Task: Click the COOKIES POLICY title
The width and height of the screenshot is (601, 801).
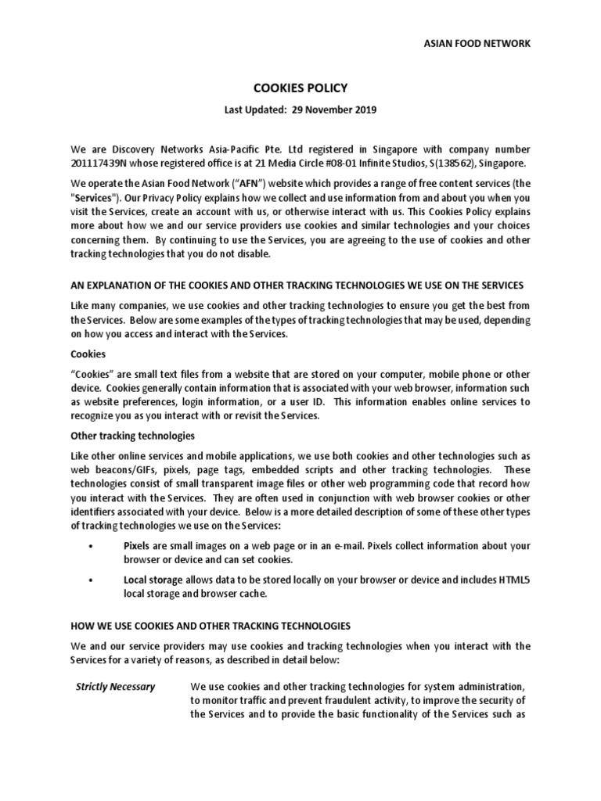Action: pyautogui.click(x=300, y=89)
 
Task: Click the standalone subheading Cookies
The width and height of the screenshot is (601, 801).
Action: pyautogui.click(x=88, y=354)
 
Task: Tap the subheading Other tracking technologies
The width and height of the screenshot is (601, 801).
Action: pyautogui.click(x=132, y=435)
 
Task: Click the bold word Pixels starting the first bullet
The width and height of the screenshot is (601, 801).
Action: pyautogui.click(x=139, y=545)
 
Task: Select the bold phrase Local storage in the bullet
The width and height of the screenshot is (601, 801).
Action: pyautogui.click(x=153, y=580)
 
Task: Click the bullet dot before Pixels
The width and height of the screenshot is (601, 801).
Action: pyautogui.click(x=92, y=545)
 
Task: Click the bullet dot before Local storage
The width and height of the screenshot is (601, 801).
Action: pyautogui.click(x=92, y=580)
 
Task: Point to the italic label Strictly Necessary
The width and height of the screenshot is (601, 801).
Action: pyautogui.click(x=115, y=687)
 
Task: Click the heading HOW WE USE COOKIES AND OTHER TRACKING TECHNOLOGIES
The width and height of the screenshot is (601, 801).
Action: pyautogui.click(x=211, y=626)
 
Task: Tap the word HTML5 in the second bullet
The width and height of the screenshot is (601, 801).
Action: pyautogui.click(x=513, y=580)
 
